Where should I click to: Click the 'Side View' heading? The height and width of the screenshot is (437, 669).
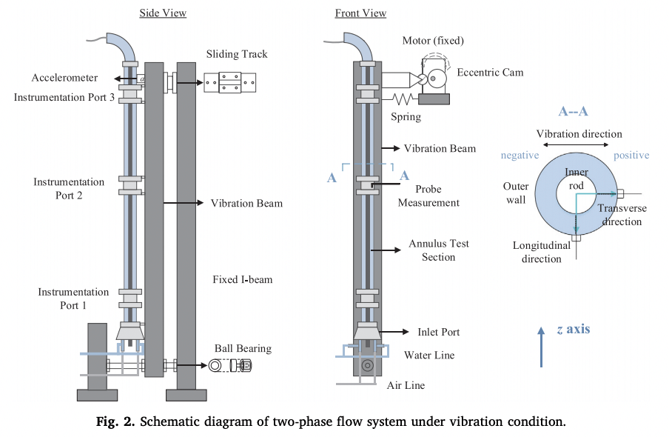[163, 13]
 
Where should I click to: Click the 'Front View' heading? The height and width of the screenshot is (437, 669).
[360, 13]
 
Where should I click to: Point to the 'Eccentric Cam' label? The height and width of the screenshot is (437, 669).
[490, 73]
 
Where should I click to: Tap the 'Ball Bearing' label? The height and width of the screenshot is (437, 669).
[243, 348]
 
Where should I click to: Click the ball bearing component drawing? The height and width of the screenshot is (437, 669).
[231, 365]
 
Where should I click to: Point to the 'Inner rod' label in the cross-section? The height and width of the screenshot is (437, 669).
[576, 179]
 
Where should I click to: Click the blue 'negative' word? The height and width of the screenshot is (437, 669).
[520, 156]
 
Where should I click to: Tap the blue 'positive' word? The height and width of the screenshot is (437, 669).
[631, 156]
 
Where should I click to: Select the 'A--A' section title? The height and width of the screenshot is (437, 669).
[574, 112]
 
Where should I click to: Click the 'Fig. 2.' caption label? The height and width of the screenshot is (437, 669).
[117, 422]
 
